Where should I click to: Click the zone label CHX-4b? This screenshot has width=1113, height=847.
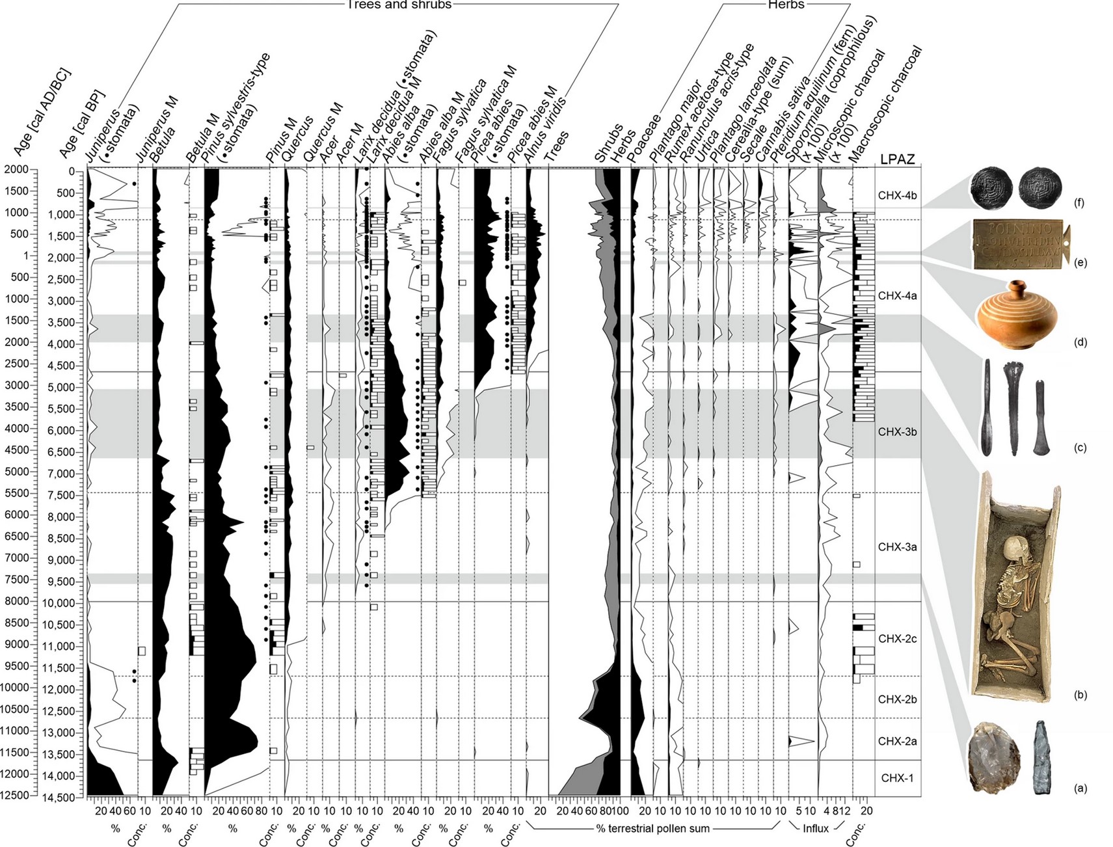[897, 195]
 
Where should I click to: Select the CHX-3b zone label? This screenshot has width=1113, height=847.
[897, 432]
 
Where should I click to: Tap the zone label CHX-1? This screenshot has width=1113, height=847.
[897, 778]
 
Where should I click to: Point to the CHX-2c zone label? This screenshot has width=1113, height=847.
[897, 639]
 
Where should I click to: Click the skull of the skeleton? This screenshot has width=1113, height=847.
[1016, 550]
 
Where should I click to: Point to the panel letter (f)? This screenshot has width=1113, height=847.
[1080, 203]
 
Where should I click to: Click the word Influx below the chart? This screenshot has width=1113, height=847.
[816, 828]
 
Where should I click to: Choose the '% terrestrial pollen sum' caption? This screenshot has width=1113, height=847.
[652, 828]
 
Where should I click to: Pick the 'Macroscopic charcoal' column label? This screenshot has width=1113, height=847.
[887, 104]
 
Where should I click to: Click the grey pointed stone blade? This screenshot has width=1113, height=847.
[1041, 757]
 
